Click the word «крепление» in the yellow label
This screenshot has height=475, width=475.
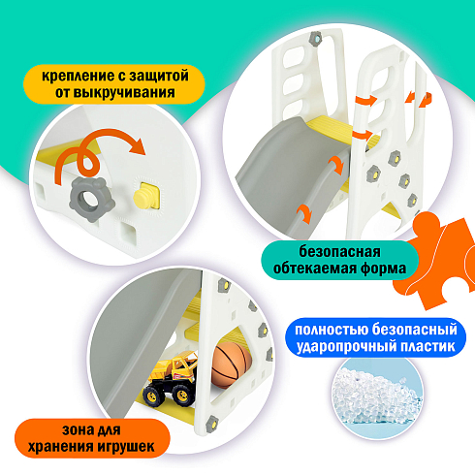coord(77,77)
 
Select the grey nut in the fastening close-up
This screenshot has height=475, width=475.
coord(92,200)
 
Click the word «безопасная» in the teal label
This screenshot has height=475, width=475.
coord(339,252)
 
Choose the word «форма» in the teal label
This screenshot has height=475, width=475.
coord(383,269)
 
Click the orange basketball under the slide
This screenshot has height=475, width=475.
coord(232,365)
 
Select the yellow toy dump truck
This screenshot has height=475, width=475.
coord(171,379)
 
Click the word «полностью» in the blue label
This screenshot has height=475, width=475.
coord(332,330)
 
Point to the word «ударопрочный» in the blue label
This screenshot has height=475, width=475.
coord(346,346)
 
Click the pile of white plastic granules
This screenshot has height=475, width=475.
coord(376,396)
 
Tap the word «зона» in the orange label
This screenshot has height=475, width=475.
coord(76,430)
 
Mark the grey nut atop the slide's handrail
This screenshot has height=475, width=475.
coord(315,38)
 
